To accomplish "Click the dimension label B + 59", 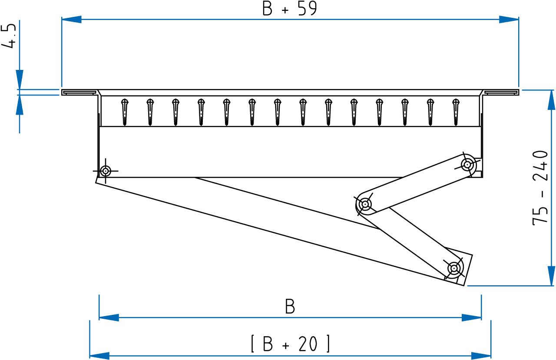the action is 290,9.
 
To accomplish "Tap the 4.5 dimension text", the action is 9,36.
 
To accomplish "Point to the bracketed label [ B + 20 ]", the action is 290,343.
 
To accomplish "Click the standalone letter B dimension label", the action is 290,307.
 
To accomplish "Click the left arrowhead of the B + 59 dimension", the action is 72,20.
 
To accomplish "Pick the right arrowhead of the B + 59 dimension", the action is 509,20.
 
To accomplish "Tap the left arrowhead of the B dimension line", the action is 109,317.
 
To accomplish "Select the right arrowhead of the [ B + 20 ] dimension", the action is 481,356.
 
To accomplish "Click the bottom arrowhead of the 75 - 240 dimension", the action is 551,276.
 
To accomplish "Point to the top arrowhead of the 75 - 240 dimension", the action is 551,100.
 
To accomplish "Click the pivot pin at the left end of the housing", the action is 106,171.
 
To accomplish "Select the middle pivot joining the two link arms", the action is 365,205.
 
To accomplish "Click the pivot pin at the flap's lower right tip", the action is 454,268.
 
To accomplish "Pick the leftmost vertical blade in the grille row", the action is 125,112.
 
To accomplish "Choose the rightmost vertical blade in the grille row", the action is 456,112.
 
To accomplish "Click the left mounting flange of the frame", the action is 79,92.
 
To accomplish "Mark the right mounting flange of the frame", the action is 501,92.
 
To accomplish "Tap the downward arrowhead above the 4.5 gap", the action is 20,79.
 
